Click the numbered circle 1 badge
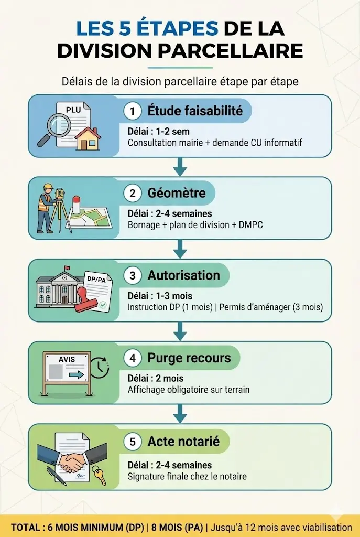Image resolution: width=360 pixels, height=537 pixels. pyautogui.click(x=133, y=111)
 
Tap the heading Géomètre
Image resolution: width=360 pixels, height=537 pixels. pyautogui.click(x=176, y=194)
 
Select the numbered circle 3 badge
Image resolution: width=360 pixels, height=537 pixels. pyautogui.click(x=133, y=276)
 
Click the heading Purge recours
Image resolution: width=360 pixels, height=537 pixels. pyautogui.click(x=189, y=358)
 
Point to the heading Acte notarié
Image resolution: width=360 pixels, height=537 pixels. pyautogui.click(x=183, y=442)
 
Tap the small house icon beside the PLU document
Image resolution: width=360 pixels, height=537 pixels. pyautogui.click(x=88, y=137)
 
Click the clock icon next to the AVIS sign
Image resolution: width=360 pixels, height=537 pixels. pyautogui.click(x=99, y=368)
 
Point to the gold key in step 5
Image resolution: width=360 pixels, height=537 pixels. pyautogui.click(x=99, y=476)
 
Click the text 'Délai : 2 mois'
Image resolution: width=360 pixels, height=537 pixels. pyautogui.click(x=156, y=379)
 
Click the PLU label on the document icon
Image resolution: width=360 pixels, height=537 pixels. pyautogui.click(x=73, y=110)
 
